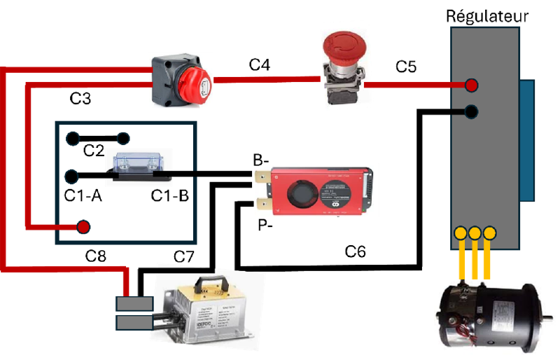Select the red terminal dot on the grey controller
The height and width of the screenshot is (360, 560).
pyautogui.click(x=471, y=85)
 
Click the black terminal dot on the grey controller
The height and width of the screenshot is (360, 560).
pyautogui.click(x=471, y=111)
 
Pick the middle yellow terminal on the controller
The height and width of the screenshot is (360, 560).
pyautogui.click(x=475, y=233)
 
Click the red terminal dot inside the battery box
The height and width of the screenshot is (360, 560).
pyautogui.click(x=83, y=227)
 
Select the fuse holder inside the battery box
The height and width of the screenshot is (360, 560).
pyautogui.click(x=139, y=167)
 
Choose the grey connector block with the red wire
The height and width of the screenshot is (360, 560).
pyautogui.click(x=134, y=303)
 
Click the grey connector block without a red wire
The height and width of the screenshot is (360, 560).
pyautogui.click(x=134, y=322)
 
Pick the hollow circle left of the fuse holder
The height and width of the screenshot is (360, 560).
pyautogui.click(x=72, y=176)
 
